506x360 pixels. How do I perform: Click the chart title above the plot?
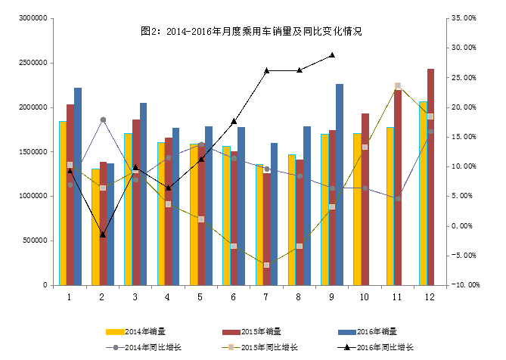(x=252, y=32)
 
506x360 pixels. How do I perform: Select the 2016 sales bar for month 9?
(x=340, y=185)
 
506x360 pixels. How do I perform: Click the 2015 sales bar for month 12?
(x=430, y=177)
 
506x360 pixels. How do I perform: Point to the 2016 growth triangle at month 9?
(x=332, y=55)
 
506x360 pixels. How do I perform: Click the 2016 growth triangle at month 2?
(x=103, y=234)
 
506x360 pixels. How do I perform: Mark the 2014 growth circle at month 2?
(x=103, y=119)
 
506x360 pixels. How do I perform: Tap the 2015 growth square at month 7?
(x=266, y=265)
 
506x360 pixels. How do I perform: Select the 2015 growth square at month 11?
(x=398, y=86)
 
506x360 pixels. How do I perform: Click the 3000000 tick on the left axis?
(x=32, y=18)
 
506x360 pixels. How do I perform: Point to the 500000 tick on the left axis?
(x=34, y=241)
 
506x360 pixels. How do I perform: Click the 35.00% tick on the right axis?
(x=462, y=18)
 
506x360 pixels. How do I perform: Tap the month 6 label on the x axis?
(x=233, y=296)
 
